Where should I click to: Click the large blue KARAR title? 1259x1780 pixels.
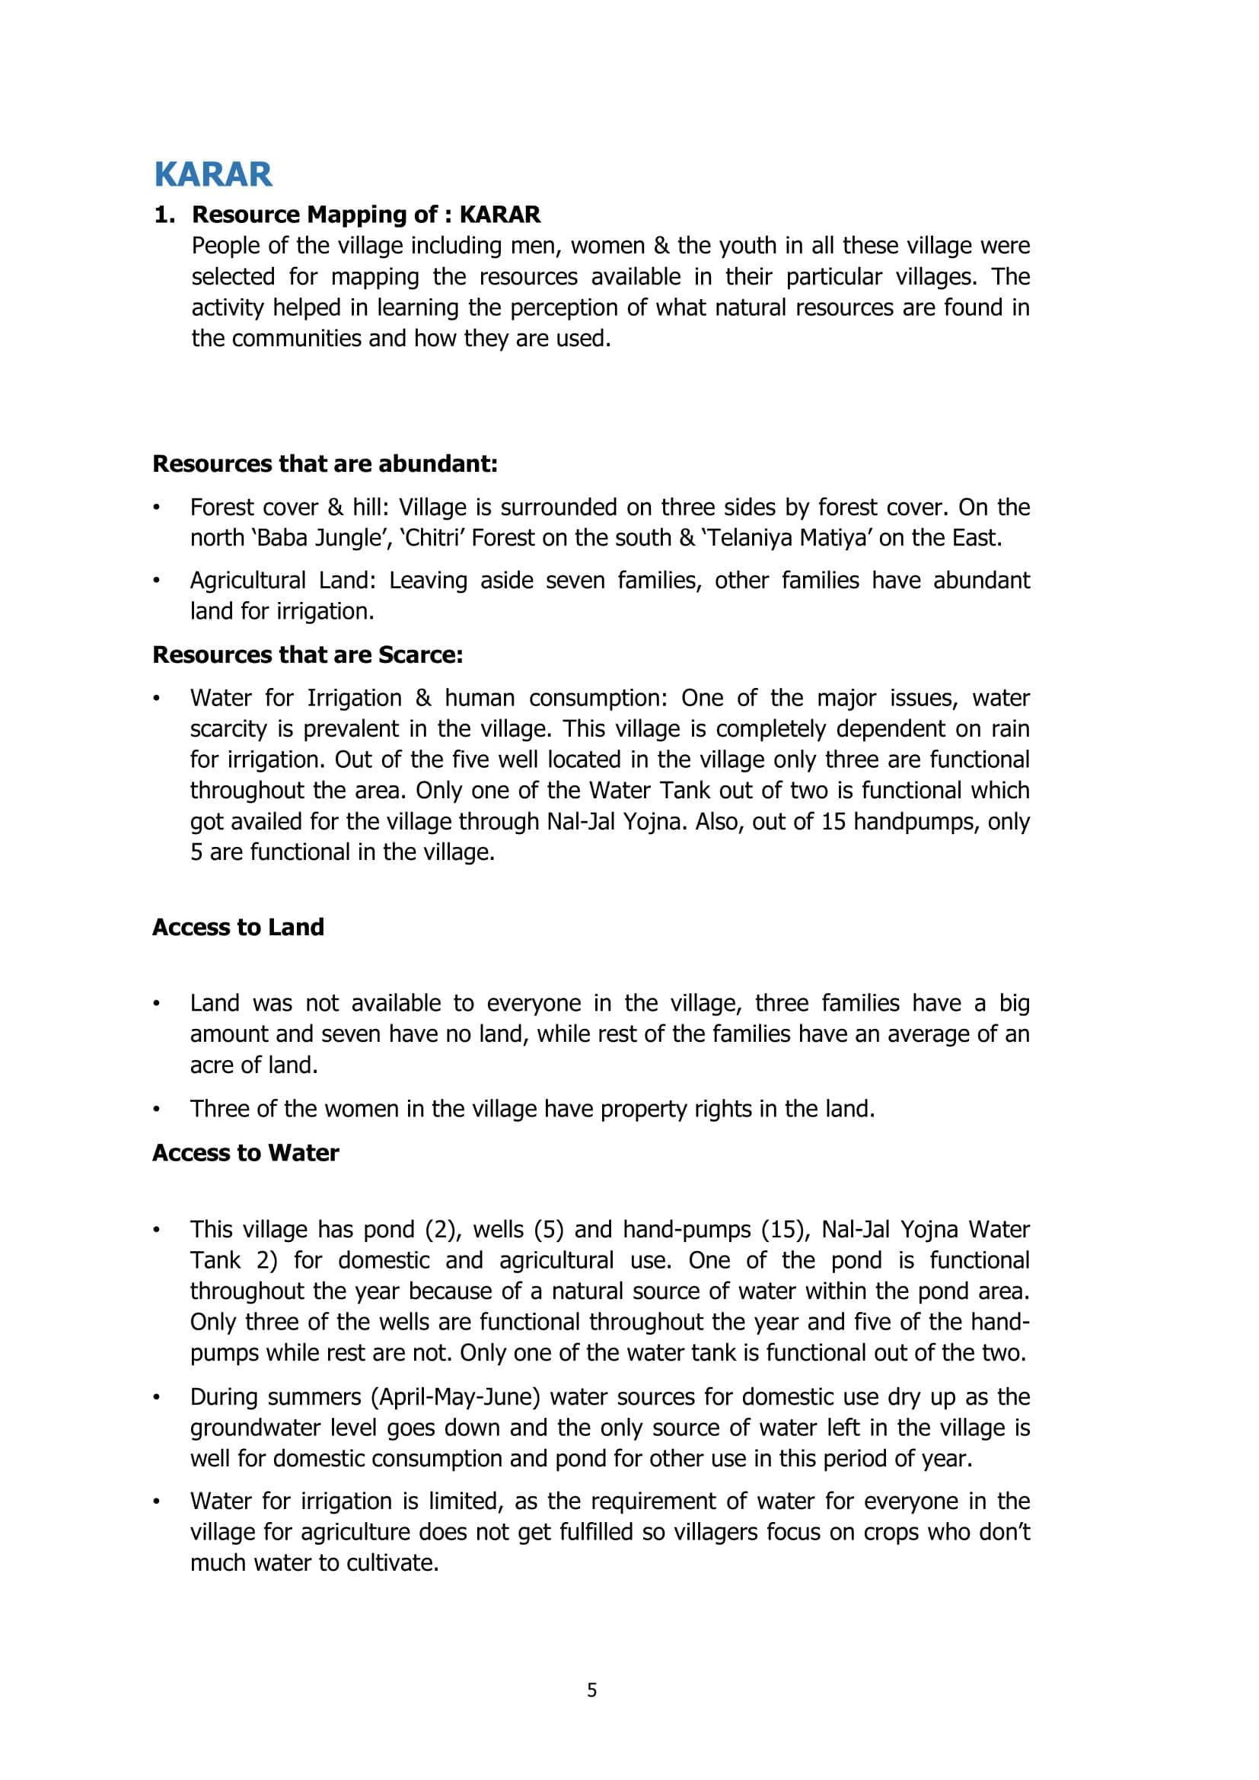point(213,174)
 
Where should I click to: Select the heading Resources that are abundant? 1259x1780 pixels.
point(325,463)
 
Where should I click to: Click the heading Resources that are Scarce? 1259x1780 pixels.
point(308,654)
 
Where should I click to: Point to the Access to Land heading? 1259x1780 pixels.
point(238,927)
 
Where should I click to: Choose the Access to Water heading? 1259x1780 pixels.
point(246,1153)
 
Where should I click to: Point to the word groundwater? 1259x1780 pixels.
point(252,1428)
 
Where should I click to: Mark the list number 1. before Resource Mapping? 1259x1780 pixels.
point(164,215)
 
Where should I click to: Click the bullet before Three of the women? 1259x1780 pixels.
point(157,1109)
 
